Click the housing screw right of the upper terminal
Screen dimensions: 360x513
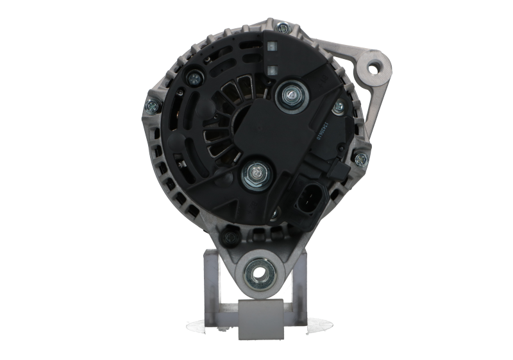(x=338, y=105)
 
